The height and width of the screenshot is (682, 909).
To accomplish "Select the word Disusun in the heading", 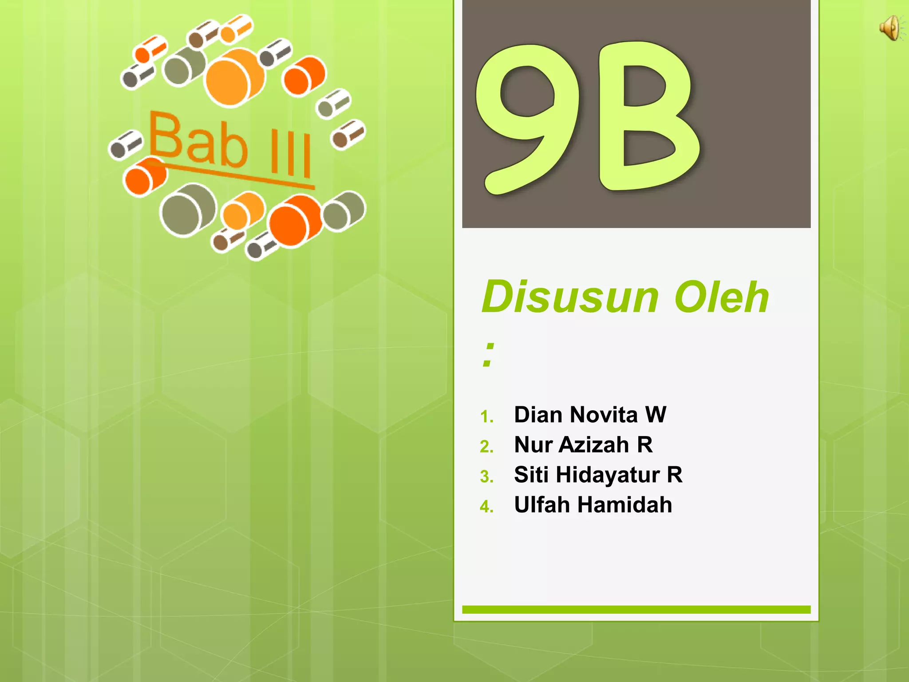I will [570, 297].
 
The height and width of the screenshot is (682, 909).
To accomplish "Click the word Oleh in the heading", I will [721, 297].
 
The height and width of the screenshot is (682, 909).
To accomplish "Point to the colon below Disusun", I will [488, 355].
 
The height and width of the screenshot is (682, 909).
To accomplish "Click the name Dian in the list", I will [539, 415].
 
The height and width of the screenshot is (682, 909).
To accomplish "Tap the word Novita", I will [604, 415].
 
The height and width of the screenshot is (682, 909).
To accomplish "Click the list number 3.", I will [486, 477].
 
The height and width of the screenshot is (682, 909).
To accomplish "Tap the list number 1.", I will [486, 417].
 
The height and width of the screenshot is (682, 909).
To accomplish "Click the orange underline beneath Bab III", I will [231, 174].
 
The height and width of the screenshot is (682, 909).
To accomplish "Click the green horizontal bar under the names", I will [636, 610].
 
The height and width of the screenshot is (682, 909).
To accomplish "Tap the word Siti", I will [531, 475].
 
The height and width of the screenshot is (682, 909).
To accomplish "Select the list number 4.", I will [486, 507].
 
